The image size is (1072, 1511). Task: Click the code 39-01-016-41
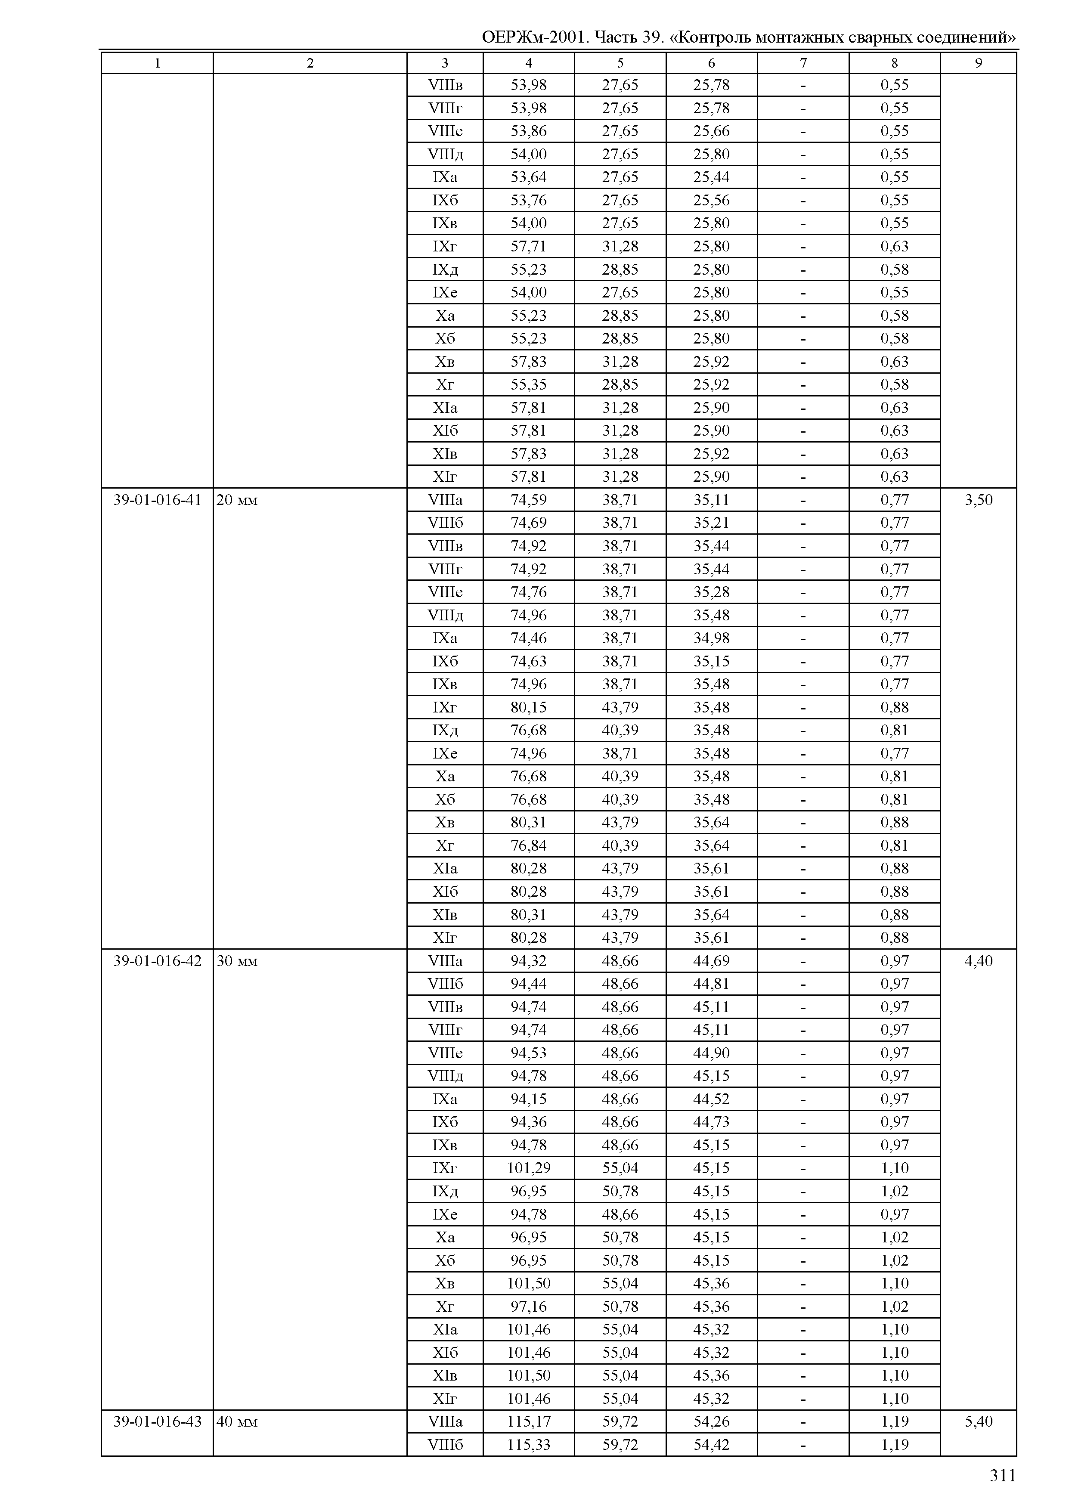(157, 500)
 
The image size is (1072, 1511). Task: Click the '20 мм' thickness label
(237, 500)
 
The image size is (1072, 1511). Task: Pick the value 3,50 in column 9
(978, 500)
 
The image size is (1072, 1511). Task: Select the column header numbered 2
(310, 63)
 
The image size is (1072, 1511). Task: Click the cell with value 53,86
(529, 131)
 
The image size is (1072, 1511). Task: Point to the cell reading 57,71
(529, 246)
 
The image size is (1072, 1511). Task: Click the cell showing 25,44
(712, 177)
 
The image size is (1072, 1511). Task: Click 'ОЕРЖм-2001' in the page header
(535, 37)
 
